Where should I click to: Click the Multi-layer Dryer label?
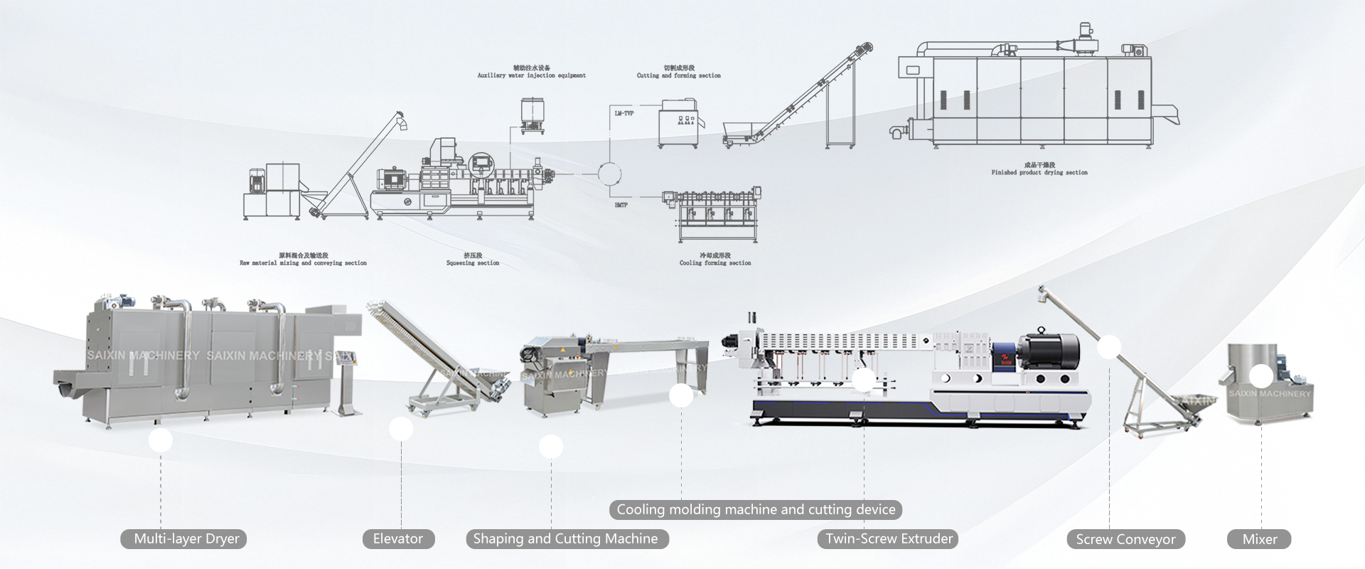coord(186,539)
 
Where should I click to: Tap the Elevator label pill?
coord(398,539)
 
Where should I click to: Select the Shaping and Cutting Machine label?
coord(566,539)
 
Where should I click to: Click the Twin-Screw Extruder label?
coord(889,539)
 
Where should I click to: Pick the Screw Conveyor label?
coord(1125,540)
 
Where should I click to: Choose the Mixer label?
coord(1259,540)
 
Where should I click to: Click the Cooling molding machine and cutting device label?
coord(756,509)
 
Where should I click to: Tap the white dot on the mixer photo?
coord(1261,376)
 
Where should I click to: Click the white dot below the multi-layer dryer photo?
coord(161,441)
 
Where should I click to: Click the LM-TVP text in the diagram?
coord(624,113)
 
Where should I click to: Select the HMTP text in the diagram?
coord(621,205)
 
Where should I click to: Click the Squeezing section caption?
coord(473,262)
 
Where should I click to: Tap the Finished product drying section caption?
coord(1039,172)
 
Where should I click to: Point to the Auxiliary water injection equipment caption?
coord(532,75)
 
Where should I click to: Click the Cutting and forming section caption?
coord(679,75)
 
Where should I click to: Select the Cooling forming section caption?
coord(715,262)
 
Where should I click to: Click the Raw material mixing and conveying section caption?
coord(304,262)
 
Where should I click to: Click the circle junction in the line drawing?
coord(609,174)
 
